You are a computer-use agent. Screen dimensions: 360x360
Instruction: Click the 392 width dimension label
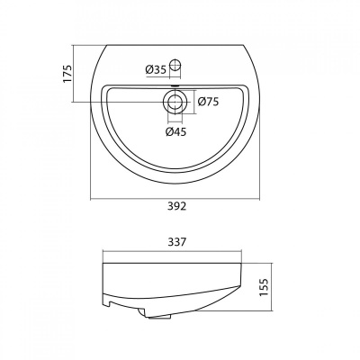pyautogui.click(x=175, y=206)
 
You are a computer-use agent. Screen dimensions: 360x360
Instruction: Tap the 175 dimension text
pyautogui.click(x=68, y=74)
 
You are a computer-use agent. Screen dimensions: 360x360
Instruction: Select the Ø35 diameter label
pyautogui.click(x=156, y=70)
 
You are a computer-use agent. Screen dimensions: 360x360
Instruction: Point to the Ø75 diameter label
pyautogui.click(x=208, y=102)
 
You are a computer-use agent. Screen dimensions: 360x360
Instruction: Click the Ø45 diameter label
pyautogui.click(x=175, y=131)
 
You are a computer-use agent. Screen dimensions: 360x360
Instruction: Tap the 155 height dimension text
pyautogui.click(x=263, y=287)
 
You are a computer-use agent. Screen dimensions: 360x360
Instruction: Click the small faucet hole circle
pyautogui.click(x=175, y=65)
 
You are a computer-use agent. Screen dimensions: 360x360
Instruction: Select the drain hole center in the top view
pyautogui.click(x=175, y=102)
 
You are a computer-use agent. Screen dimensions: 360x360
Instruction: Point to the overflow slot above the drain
pyautogui.click(x=175, y=86)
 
